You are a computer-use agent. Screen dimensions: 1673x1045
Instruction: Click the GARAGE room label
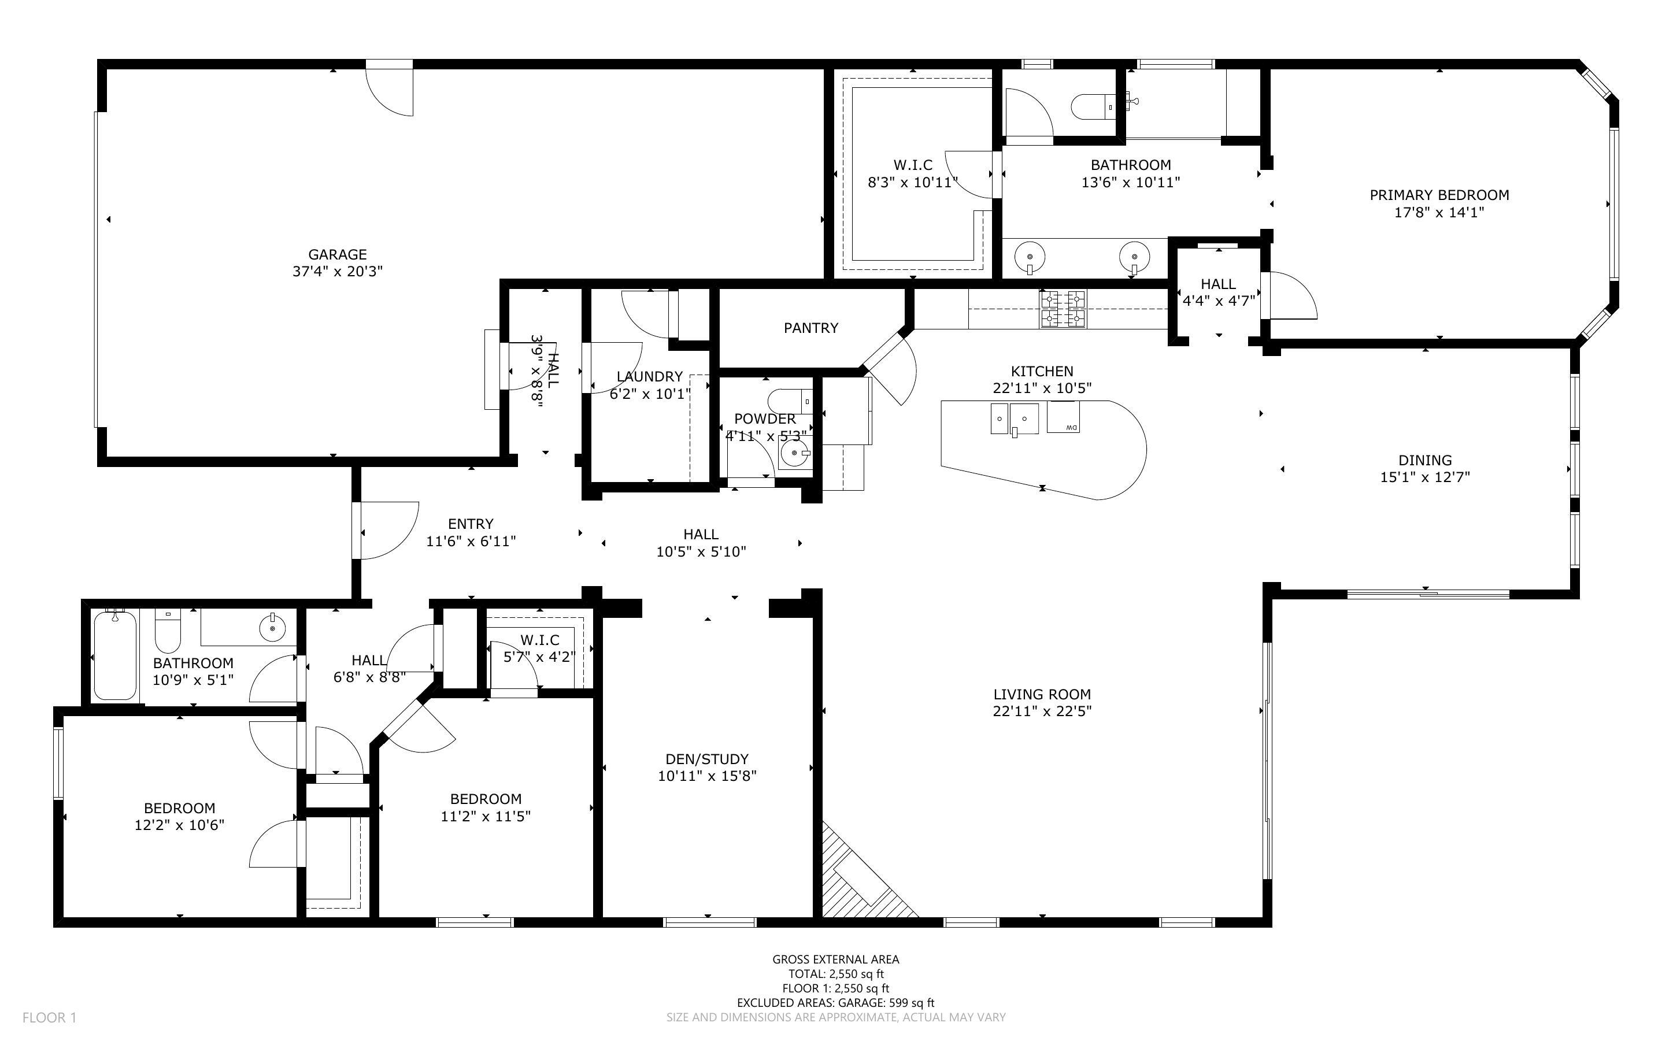[x=337, y=254]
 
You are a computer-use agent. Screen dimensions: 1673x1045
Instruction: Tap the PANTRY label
[x=810, y=328]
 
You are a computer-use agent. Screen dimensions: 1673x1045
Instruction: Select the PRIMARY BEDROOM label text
[x=1439, y=195]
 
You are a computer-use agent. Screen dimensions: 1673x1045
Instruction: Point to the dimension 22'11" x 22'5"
[x=1042, y=711]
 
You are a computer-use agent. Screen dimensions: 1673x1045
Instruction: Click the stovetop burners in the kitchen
[x=1063, y=309]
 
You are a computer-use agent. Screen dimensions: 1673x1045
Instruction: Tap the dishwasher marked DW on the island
[x=1064, y=417]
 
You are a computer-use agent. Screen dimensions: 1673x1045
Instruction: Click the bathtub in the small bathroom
[x=114, y=655]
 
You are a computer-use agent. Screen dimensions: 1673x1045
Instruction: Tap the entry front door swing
[x=388, y=530]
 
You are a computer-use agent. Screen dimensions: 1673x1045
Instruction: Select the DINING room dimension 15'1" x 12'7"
[x=1425, y=477]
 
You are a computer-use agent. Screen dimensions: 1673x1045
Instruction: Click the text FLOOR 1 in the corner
[x=49, y=1017]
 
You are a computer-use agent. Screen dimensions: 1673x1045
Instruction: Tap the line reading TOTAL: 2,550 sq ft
[x=836, y=974]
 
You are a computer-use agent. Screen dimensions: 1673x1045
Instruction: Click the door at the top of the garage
[x=389, y=88]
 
